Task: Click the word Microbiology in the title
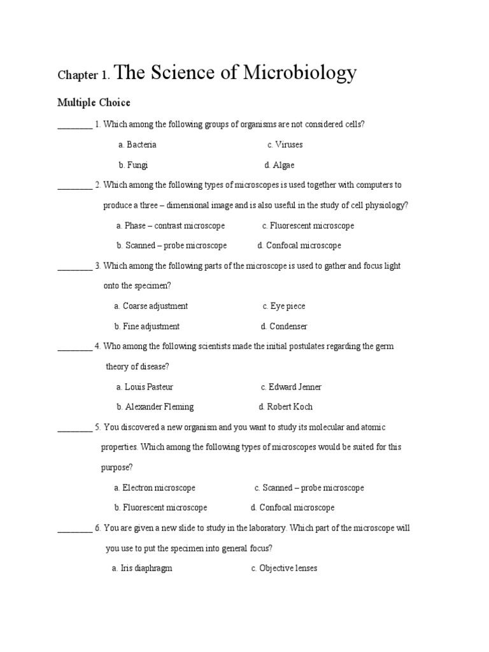pos(298,74)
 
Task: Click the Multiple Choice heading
pos(94,103)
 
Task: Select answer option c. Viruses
pos(285,145)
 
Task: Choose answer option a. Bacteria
pos(137,145)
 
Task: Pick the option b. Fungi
pos(133,165)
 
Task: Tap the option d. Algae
pos(280,165)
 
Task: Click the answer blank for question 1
pos(74,125)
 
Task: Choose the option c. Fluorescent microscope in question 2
pos(308,225)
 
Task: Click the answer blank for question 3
pos(74,266)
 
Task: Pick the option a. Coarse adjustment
pos(151,306)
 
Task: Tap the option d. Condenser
pos(284,327)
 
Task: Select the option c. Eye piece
pos(283,306)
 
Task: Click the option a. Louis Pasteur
pos(145,387)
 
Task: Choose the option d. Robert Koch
pos(285,407)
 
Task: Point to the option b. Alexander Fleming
pos(155,407)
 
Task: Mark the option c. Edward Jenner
pos(291,387)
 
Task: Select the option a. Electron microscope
pos(155,488)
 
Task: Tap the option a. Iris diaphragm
pos(142,568)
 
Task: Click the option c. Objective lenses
pos(284,568)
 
